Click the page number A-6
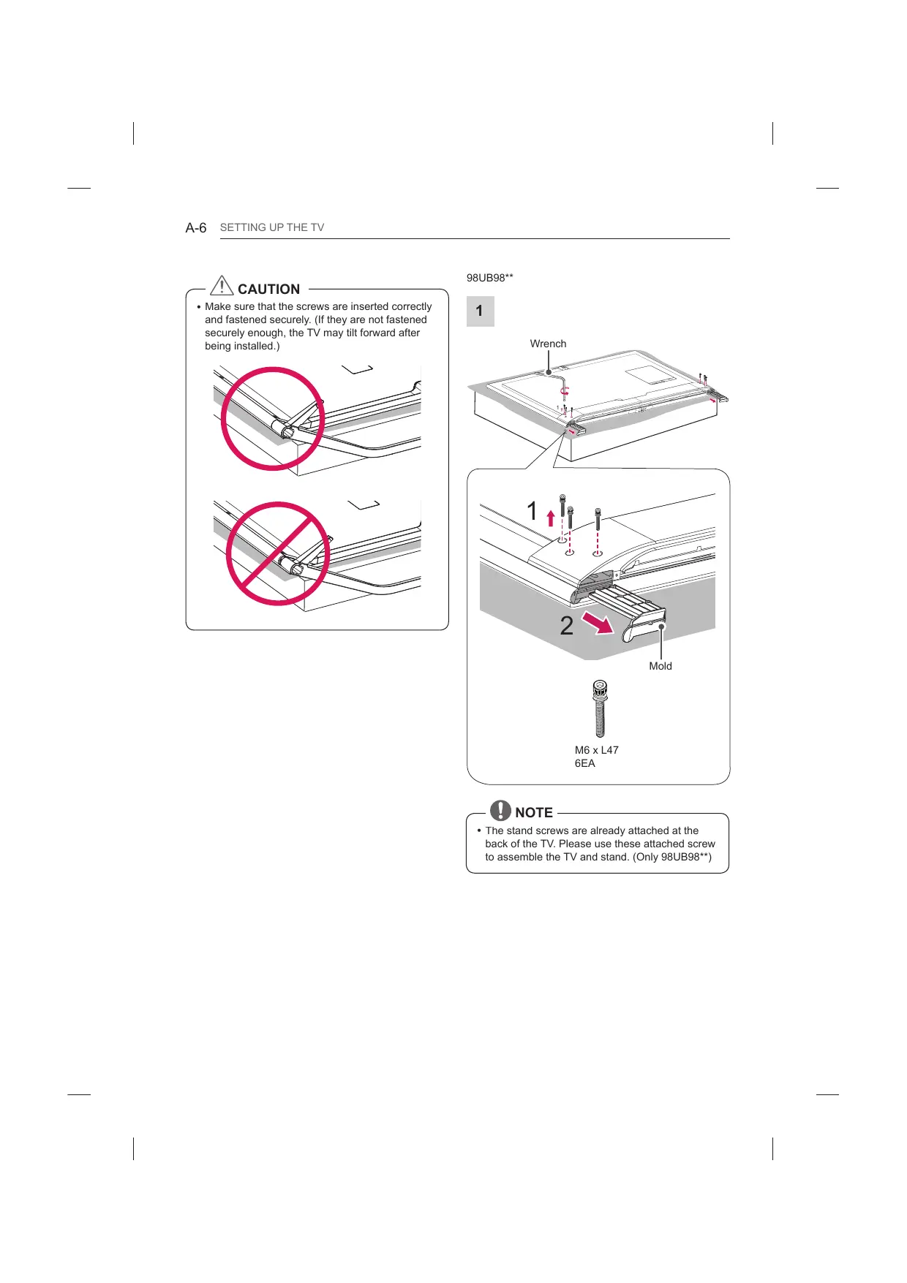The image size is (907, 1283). coord(196,228)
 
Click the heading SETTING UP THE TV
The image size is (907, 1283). coord(272,227)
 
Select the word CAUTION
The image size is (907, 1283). coord(268,289)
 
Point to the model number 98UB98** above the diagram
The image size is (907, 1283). coord(489,278)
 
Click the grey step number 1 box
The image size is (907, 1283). coord(480,311)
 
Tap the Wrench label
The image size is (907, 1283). coord(548,344)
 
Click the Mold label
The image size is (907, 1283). coord(660,666)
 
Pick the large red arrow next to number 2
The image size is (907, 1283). coord(598,624)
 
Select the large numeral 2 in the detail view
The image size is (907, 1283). coord(567,626)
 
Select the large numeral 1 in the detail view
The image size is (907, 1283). coord(532,511)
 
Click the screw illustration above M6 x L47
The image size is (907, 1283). coord(600,708)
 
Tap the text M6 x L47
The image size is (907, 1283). coord(596,750)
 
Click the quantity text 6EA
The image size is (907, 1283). coord(584,763)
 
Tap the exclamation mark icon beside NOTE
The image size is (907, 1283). coord(500,810)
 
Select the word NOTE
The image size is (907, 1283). coord(534,813)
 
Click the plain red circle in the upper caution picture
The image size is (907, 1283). coord(273,418)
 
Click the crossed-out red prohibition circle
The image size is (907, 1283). coord(277,553)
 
